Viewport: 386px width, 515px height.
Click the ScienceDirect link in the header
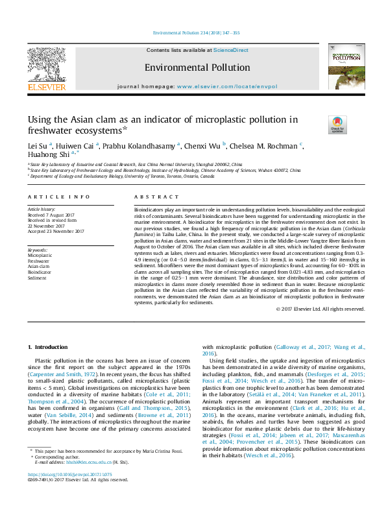231,50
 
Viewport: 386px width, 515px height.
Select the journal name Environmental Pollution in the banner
197,67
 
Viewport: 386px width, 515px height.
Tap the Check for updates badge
337,123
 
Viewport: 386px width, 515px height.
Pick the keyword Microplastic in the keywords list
40,256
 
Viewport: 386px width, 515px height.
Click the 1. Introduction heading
50,348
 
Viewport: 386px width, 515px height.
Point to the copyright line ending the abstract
320,309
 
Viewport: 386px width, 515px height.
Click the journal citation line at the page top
195,33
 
